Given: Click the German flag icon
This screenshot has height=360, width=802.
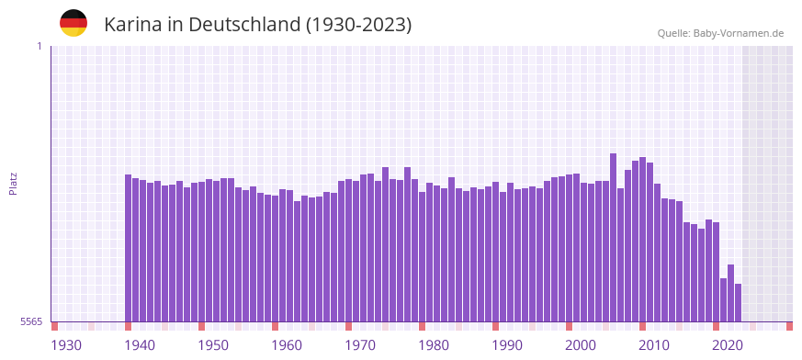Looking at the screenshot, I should tap(73, 23).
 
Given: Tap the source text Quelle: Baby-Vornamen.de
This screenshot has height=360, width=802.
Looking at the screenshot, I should tap(720, 33).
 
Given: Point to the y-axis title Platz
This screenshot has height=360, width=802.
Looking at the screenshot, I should tap(13, 184).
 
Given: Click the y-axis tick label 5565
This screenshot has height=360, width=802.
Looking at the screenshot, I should tap(30, 321).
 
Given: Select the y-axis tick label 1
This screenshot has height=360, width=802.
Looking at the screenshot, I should tap(39, 46).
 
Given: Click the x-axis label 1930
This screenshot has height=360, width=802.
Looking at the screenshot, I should tap(66, 345).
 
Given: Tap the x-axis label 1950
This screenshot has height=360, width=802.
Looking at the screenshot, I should tap(213, 345).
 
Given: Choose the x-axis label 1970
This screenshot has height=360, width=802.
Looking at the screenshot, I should tap(360, 345).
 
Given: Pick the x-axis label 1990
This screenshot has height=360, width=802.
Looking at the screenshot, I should tap(507, 345).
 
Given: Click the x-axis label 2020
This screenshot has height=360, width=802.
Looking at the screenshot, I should tap(728, 345).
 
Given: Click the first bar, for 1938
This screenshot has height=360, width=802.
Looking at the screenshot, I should tap(129, 248).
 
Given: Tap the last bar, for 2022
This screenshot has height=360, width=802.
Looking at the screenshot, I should tap(738, 302).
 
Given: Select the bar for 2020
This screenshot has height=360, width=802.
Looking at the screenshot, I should tap(723, 299).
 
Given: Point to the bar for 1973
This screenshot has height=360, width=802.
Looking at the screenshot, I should tap(386, 244).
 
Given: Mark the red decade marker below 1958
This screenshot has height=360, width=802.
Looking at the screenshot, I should tap(275, 326).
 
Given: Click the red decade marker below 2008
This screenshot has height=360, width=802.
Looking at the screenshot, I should tap(642, 326).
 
